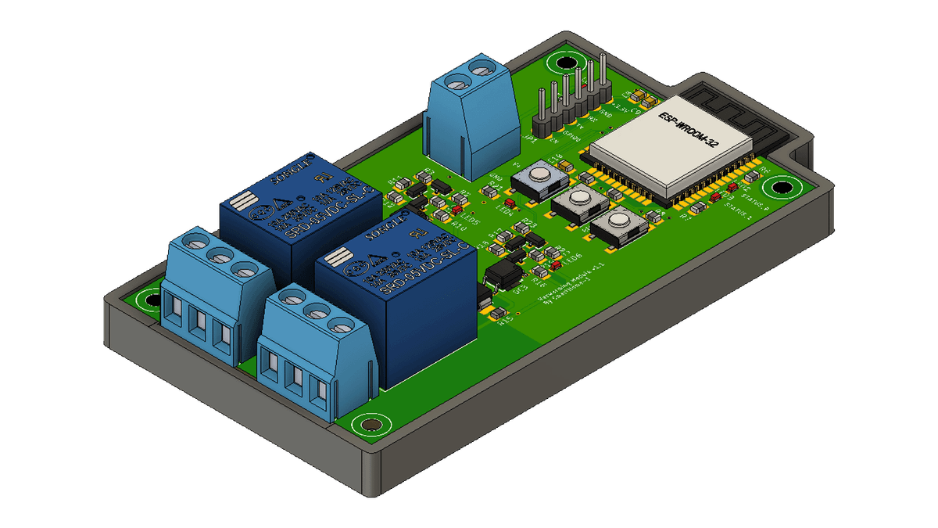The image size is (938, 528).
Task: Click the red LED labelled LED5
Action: tap(456, 210)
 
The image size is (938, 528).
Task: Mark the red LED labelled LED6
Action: tap(556, 265)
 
